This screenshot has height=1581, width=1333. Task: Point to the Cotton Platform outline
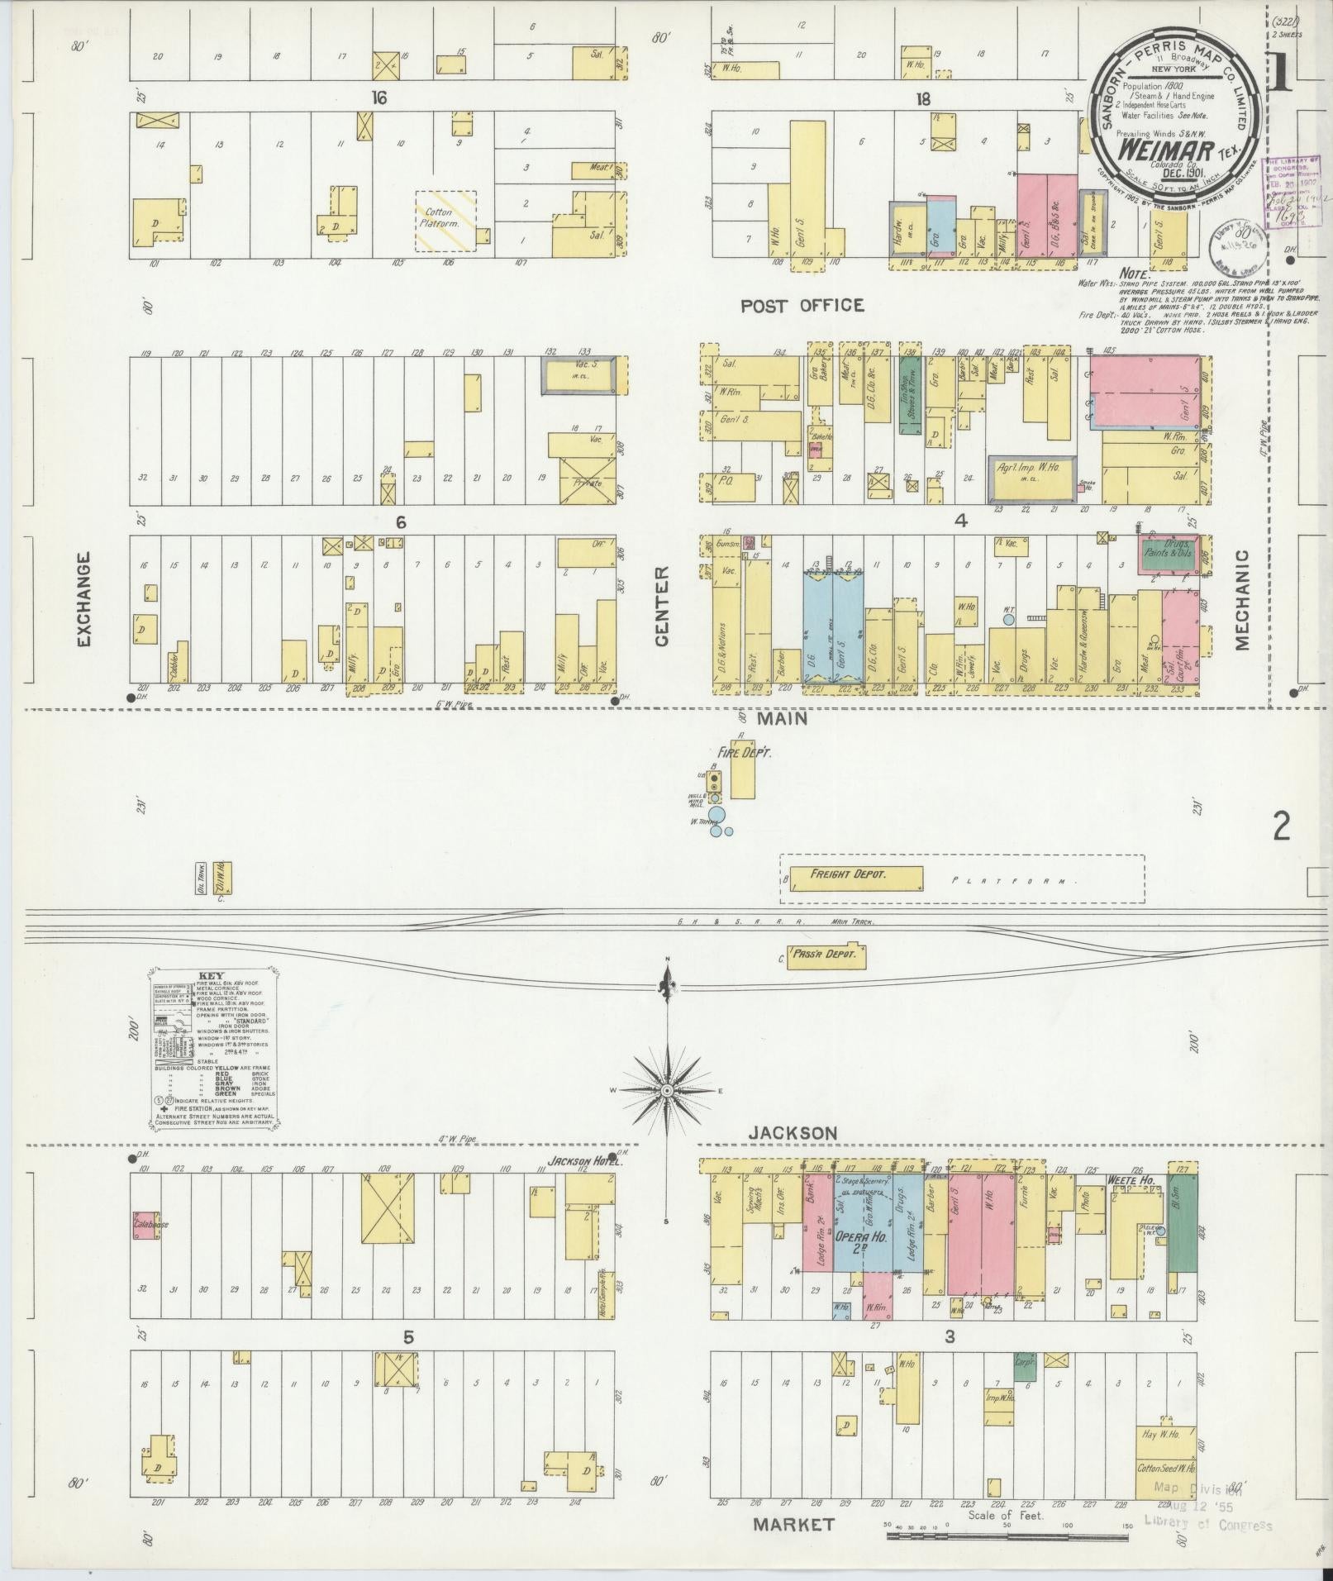(445, 221)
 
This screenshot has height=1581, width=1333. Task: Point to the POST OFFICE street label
(802, 306)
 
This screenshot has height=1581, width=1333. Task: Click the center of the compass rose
(666, 1091)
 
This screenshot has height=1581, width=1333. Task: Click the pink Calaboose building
(145, 1225)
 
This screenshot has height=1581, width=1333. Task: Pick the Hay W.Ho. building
(1165, 1434)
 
